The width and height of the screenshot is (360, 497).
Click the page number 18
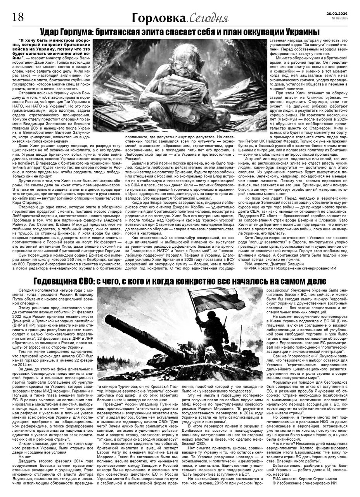coord(19,17)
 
